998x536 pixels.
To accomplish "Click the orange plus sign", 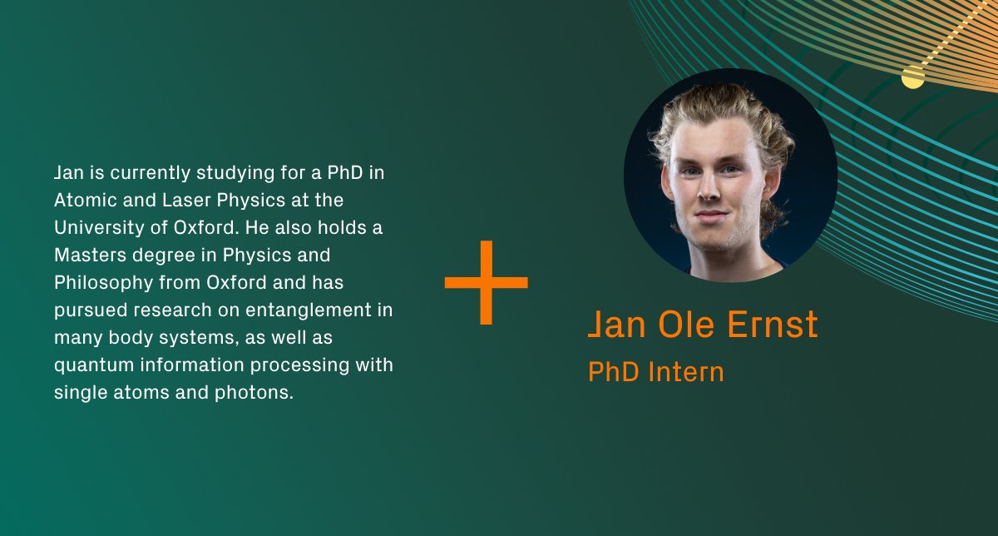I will [x=487, y=282].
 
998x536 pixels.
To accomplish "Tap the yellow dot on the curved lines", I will [x=913, y=77].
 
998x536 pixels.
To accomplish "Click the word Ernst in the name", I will [x=773, y=325].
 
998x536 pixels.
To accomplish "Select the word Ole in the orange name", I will [x=687, y=325].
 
